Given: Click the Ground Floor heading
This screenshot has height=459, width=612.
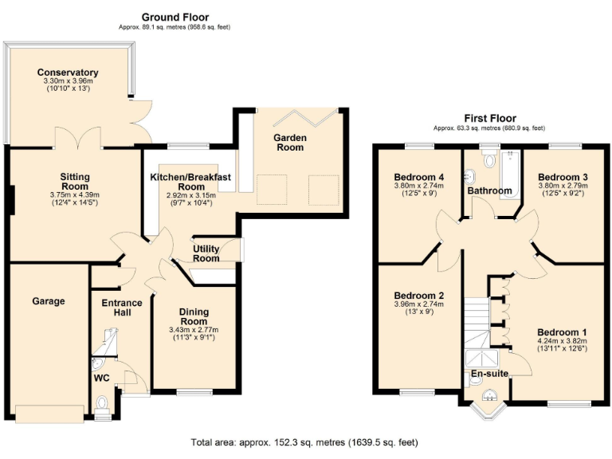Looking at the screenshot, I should click(175, 17).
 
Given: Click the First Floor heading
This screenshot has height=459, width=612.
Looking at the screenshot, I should click(489, 118).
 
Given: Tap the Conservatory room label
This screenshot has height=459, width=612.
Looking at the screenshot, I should click(68, 73).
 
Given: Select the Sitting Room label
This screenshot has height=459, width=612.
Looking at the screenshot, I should click(76, 182).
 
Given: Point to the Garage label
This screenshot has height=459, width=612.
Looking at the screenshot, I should click(49, 301).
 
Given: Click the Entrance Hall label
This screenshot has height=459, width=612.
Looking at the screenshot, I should click(122, 308).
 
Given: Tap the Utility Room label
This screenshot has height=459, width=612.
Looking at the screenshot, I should click(206, 253).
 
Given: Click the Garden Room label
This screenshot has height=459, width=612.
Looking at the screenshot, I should click(290, 143).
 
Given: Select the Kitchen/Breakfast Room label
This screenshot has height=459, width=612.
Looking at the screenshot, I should click(190, 181).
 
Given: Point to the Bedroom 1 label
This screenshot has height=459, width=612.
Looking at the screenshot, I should click(562, 332).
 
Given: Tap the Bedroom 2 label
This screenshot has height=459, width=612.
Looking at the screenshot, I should click(418, 296).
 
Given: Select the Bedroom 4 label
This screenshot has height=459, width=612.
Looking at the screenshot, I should click(418, 177).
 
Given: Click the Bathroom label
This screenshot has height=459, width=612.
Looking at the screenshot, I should click(489, 191).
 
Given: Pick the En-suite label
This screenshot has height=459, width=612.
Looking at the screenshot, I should click(487, 373).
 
